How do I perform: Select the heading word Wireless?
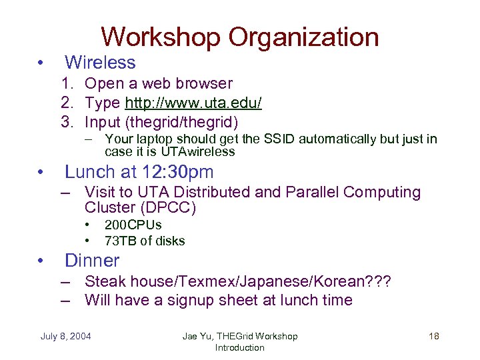pos(100,63)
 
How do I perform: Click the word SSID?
pos(280,139)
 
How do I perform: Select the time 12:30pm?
pos(179,171)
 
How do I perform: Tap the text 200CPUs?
pos(133,225)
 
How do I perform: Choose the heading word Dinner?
pos(92,260)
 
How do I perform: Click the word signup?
pos(205,300)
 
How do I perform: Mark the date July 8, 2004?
pos(67,336)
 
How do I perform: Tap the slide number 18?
pos(433,336)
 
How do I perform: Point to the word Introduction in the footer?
pos(239,347)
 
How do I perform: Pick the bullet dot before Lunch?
pos(41,172)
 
